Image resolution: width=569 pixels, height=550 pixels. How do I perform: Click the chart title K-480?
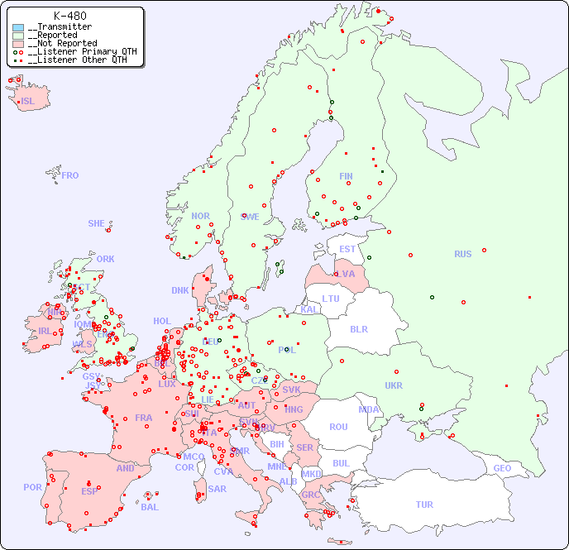69,16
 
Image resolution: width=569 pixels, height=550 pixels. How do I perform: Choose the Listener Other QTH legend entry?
74,60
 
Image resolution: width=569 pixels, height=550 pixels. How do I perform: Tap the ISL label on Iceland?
28,102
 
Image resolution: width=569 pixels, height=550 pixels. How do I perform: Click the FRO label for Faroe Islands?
70,175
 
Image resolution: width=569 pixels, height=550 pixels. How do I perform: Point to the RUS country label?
462,254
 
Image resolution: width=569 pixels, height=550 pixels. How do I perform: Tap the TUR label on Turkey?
424,505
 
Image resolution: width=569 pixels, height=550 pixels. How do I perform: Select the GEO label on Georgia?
502,468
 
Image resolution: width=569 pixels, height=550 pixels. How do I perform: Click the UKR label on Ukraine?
394,385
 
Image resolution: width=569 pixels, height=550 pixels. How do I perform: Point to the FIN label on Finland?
346,176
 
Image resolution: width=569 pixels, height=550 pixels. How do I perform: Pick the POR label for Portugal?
32,487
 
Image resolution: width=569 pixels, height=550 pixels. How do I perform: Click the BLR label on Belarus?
358,328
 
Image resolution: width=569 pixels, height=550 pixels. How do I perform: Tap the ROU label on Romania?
338,427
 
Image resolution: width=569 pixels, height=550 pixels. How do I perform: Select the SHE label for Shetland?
97,223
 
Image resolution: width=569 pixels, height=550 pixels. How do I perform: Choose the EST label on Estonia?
347,249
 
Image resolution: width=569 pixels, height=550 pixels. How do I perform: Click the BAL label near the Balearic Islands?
150,507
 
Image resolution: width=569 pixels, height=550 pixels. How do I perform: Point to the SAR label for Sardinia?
218,489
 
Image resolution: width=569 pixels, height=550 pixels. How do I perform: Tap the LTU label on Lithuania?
331,299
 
